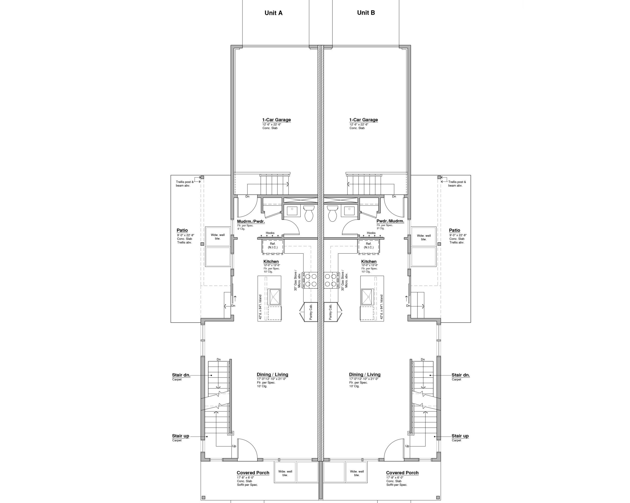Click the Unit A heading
[x=273, y=13]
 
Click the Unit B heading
[x=366, y=13]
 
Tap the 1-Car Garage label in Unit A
[x=276, y=120]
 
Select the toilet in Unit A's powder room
[x=309, y=213]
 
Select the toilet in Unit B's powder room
[x=332, y=213]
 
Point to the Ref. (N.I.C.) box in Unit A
[x=272, y=245]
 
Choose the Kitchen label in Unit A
[x=271, y=261]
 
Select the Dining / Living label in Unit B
[x=364, y=375]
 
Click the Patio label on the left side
[x=182, y=230]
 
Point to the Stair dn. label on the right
[x=460, y=375]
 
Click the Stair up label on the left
[x=180, y=436]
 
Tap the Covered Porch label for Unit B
[x=402, y=473]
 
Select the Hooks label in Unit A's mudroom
[x=270, y=233]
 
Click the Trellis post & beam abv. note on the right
[x=457, y=183]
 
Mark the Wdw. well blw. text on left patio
[x=218, y=237]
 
